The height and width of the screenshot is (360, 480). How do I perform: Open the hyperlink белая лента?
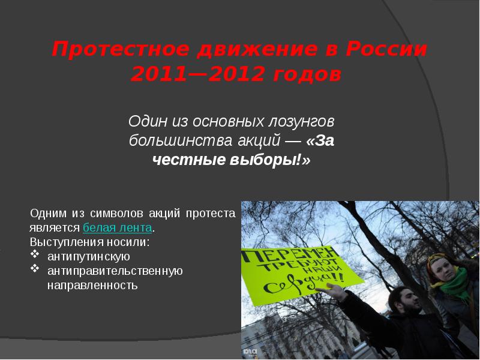(118, 229)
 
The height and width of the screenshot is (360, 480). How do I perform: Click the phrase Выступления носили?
(89, 242)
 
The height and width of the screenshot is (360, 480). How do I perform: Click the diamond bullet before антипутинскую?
(34, 257)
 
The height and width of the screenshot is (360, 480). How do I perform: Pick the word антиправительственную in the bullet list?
(115, 271)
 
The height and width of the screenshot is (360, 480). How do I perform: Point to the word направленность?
(92, 286)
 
